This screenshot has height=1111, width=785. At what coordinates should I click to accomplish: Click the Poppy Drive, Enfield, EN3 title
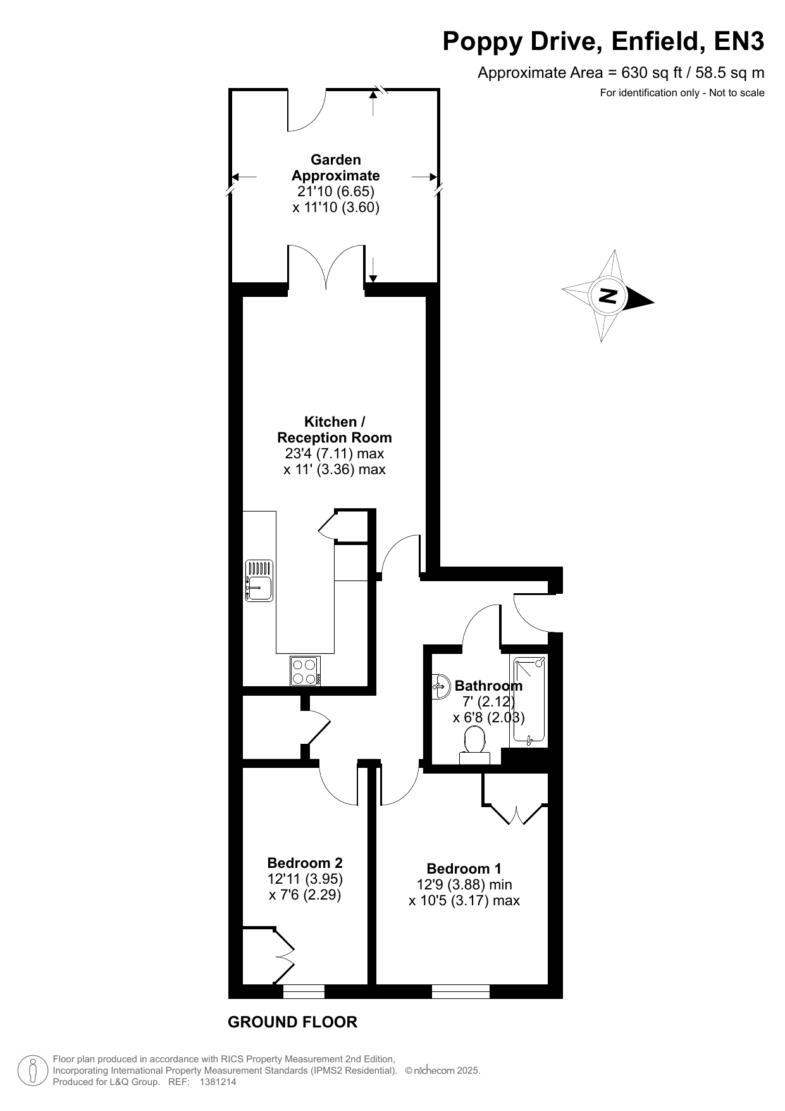(603, 42)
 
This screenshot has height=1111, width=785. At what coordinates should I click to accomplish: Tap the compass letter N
(609, 296)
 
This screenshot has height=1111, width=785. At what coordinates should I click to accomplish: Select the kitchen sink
(259, 581)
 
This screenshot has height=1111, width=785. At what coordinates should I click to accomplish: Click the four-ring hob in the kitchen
(306, 671)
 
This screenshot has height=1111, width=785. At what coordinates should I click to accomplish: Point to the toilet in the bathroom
(474, 745)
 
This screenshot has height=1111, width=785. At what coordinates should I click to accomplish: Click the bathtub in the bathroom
(529, 700)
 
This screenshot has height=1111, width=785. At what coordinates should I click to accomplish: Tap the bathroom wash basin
(440, 686)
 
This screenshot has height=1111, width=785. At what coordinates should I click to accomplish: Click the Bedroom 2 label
(305, 863)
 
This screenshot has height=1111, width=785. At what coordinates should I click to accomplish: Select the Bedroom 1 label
(464, 869)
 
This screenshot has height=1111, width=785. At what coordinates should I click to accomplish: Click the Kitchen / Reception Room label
(335, 430)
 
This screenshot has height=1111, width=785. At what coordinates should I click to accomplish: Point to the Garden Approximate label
(336, 168)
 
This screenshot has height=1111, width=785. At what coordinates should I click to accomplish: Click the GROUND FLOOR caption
(292, 1022)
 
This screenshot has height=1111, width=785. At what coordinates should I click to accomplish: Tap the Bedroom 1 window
(460, 992)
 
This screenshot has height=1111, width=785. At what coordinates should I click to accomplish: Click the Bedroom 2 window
(304, 992)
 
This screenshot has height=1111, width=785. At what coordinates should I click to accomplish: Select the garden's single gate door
(307, 111)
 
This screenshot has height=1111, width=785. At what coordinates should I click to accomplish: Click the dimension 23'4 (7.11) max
(335, 453)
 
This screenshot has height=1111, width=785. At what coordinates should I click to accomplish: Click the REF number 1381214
(218, 1082)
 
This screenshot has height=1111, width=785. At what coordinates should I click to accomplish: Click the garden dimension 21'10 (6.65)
(336, 191)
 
